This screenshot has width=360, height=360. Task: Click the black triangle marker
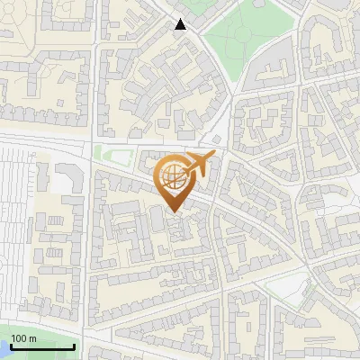(181, 24)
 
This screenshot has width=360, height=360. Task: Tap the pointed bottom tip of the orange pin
(175, 212)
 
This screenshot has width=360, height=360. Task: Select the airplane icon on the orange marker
(197, 166)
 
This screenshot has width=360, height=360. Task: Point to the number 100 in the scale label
(20, 338)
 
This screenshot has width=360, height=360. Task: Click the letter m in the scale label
(32, 338)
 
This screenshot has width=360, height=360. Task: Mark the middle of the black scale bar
(42, 346)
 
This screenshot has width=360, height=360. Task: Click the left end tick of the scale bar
(10, 345)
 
